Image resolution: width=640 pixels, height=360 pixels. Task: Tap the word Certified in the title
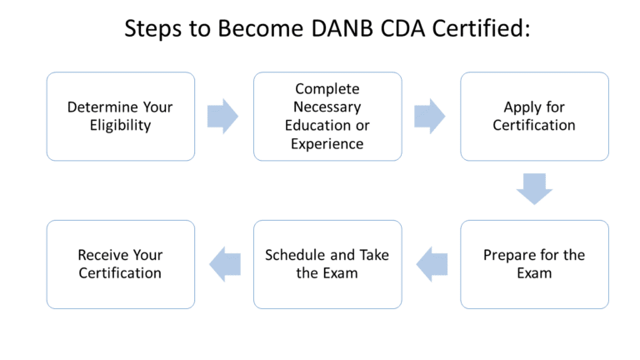(x=477, y=29)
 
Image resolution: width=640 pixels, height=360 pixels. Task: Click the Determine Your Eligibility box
(x=121, y=117)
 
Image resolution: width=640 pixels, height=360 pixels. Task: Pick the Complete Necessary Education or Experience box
(x=327, y=117)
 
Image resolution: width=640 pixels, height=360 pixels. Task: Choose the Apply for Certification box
(x=534, y=117)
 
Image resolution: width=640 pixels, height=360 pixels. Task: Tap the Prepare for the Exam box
(x=534, y=264)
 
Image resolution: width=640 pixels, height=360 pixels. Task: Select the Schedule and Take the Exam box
(x=327, y=264)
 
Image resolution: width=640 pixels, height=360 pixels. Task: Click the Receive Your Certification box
(x=121, y=264)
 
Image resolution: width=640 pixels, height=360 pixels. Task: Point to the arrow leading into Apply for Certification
(x=430, y=117)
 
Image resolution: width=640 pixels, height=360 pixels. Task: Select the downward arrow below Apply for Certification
(x=534, y=189)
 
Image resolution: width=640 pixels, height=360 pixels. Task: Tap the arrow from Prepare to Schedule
(x=432, y=264)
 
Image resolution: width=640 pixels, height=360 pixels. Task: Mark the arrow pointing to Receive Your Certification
(x=223, y=264)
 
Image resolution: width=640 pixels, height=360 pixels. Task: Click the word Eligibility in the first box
(x=121, y=126)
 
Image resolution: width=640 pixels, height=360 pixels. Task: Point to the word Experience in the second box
(x=327, y=143)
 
